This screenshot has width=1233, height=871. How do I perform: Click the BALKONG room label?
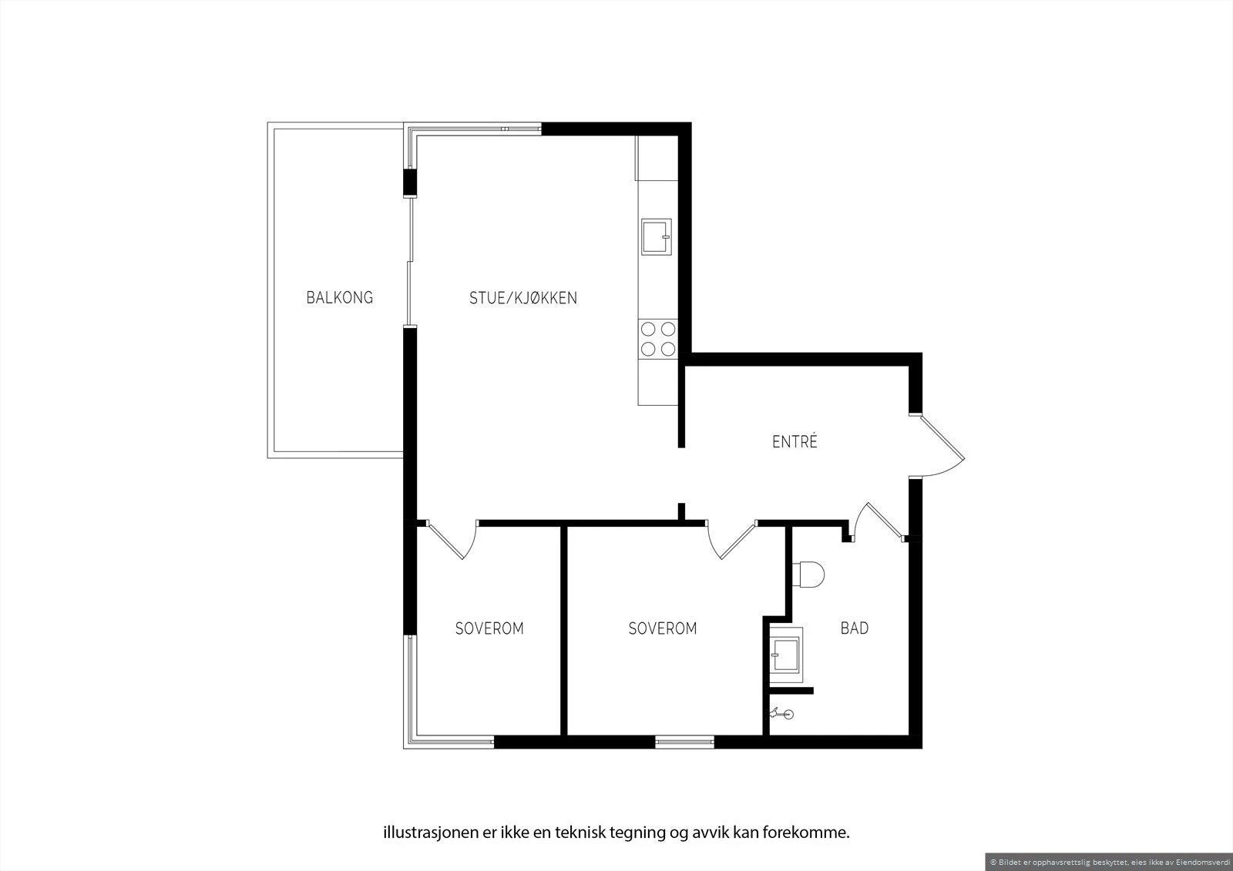tap(339, 297)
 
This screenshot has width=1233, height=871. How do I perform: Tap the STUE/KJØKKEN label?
tap(523, 298)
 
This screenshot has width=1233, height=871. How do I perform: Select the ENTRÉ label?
tap(795, 442)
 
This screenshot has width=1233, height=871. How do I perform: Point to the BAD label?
tap(854, 628)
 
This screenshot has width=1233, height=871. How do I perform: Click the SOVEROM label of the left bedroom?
tap(489, 628)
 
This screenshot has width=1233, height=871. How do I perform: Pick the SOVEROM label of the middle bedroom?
tap(663, 628)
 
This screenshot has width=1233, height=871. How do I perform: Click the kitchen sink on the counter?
tap(657, 236)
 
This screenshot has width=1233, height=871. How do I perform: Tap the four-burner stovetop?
tap(658, 339)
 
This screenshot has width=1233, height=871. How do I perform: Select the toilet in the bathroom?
tap(808, 574)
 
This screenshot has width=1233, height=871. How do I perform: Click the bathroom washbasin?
tap(786, 656)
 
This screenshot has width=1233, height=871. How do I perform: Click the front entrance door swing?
tap(940, 447)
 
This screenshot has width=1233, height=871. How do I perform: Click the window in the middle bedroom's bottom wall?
tap(684, 742)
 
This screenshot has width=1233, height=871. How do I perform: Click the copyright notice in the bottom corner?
tap(1109, 862)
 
